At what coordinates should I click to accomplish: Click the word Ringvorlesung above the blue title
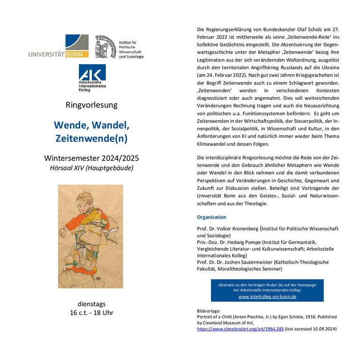click(x=91, y=105)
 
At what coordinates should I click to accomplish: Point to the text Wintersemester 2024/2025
click(x=91, y=157)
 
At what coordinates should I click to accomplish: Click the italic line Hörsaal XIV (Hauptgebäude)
click(x=91, y=168)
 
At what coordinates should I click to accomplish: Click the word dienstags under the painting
click(x=91, y=303)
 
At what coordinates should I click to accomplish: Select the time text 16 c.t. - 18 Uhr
click(x=91, y=313)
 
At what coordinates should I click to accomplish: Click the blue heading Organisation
click(x=211, y=217)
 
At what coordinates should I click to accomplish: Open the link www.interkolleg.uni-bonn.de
click(x=267, y=297)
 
